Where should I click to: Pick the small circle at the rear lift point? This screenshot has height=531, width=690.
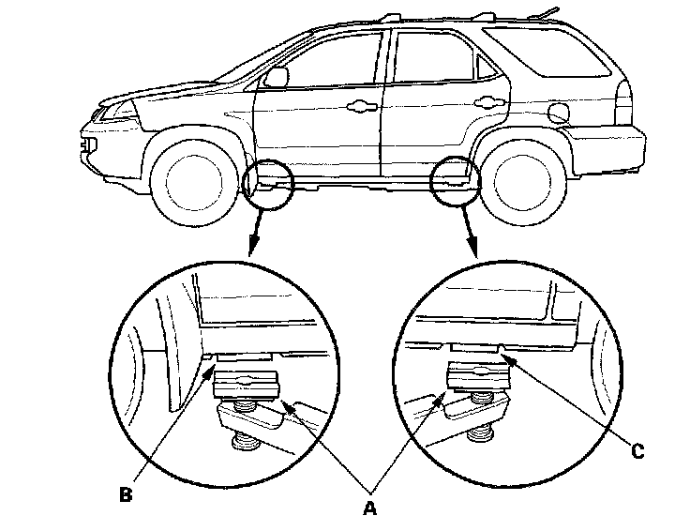455,178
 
